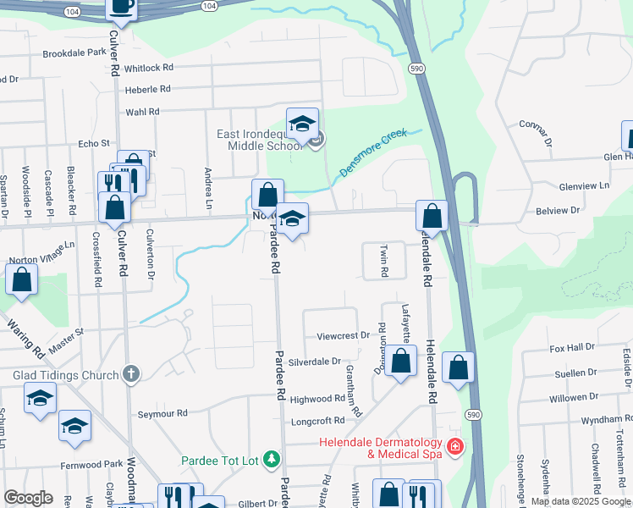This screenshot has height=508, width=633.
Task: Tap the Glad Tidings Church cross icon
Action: (x=130, y=373)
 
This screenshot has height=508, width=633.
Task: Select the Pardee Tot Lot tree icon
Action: (x=272, y=460)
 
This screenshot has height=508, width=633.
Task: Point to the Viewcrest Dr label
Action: (x=344, y=335)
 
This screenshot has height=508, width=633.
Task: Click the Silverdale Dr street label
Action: (x=314, y=361)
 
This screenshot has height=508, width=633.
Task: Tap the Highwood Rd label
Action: (x=317, y=399)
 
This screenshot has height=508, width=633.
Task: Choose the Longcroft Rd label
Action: (x=316, y=420)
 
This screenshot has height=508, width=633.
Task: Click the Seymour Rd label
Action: (x=162, y=414)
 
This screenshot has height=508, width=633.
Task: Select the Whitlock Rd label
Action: (x=148, y=67)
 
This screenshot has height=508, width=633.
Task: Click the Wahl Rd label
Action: (x=142, y=111)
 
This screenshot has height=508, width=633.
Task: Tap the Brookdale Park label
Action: (x=74, y=52)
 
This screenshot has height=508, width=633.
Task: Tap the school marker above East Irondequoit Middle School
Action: (x=302, y=124)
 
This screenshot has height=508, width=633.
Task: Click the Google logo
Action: (x=27, y=498)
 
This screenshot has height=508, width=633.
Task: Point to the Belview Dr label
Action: (x=558, y=209)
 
